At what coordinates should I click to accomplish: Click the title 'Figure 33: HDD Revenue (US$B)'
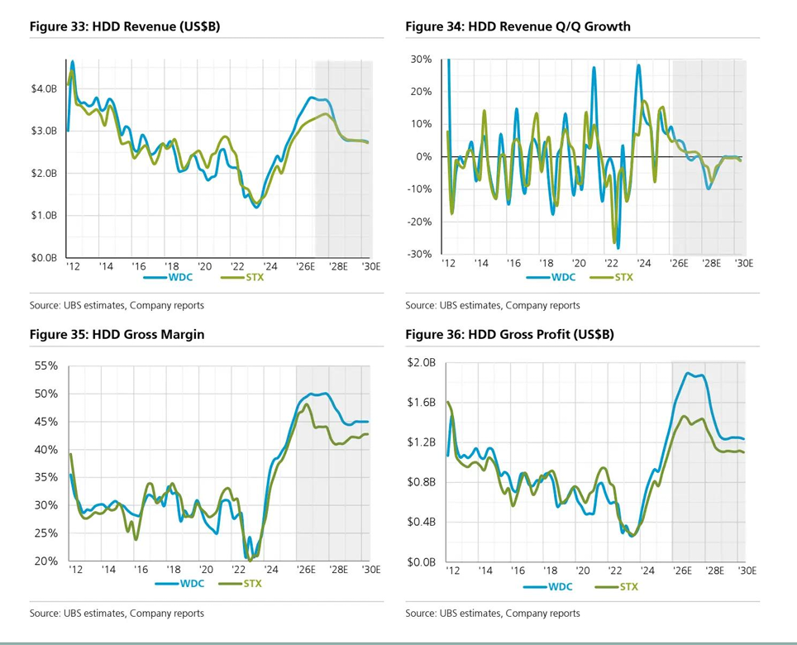coord(124,26)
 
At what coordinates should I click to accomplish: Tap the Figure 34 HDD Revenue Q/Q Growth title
coord(518,26)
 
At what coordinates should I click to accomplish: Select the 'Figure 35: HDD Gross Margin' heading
coord(117,334)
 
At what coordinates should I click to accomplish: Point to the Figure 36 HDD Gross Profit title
coord(509,334)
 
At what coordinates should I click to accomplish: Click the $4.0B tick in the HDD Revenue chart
coord(44,88)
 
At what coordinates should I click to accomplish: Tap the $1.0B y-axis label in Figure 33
coord(44,216)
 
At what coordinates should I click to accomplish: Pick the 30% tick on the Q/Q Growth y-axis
coord(421,60)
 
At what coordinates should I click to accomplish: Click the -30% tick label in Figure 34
coord(419,254)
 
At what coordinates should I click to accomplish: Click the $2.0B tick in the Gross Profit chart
coord(420,363)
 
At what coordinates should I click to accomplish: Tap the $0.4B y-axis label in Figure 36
coord(420,522)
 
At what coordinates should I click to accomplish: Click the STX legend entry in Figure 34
coord(623,277)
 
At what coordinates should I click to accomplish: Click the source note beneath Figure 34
coord(492,305)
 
